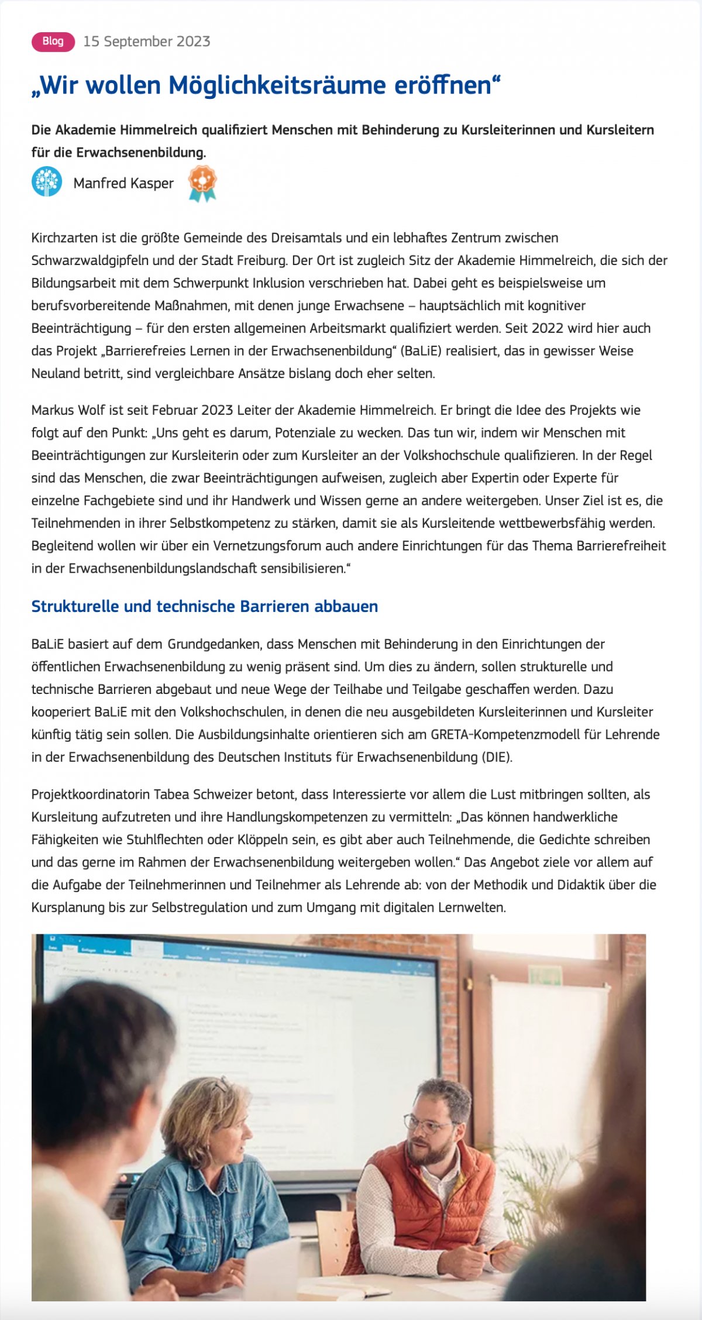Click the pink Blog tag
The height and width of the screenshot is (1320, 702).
53,42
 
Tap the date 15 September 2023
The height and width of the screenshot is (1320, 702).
146,42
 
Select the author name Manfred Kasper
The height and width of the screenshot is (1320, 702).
123,183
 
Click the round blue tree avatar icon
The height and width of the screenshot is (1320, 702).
47,181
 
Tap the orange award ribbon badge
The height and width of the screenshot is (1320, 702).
202,183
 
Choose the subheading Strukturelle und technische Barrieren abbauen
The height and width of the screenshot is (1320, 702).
205,606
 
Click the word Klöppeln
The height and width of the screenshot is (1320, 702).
263,840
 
